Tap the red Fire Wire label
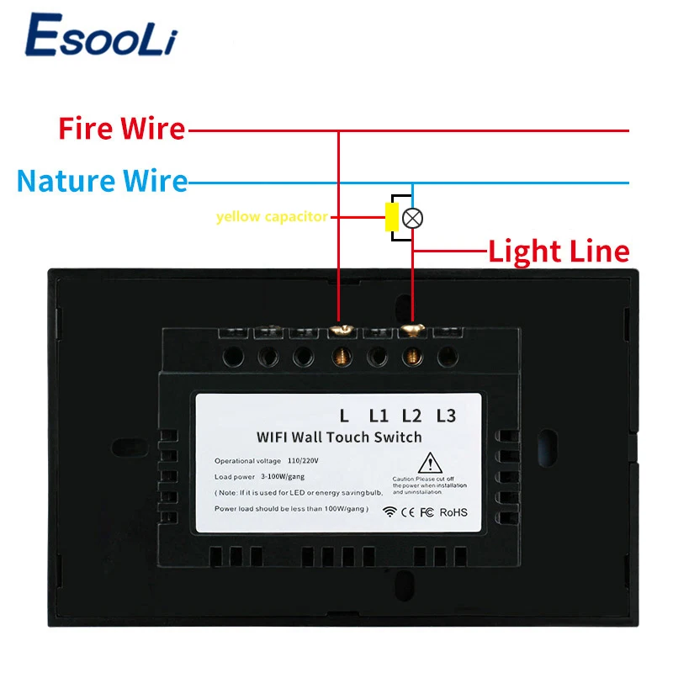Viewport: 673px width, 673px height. (121, 129)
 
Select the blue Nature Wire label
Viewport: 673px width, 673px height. (102, 180)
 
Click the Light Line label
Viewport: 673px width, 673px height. (559, 251)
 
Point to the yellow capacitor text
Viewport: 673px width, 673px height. (272, 217)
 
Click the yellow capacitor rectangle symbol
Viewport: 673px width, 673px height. (391, 217)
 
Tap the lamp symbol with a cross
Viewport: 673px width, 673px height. (412, 218)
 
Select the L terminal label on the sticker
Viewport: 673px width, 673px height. (343, 415)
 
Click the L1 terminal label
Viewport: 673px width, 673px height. (379, 415)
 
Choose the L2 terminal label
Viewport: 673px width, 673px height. (411, 415)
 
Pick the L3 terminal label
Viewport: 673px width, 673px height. (445, 415)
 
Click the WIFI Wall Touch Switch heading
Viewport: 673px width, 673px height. (339, 437)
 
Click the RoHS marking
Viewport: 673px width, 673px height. (453, 511)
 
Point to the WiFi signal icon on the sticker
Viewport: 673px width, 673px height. (389, 511)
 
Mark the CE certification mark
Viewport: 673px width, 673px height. (407, 511)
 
